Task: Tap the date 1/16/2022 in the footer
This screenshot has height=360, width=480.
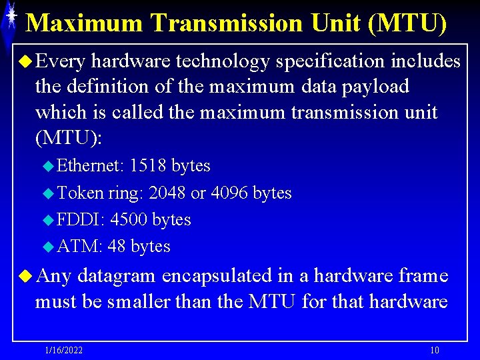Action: (64, 351)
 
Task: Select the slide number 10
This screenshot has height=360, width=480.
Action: (434, 351)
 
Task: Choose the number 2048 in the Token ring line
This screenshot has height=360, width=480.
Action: (167, 193)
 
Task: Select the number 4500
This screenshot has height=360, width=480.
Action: (129, 220)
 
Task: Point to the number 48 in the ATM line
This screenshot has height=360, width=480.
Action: (117, 247)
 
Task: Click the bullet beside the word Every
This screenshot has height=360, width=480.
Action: (25, 62)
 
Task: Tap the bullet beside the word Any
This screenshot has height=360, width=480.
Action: (25, 275)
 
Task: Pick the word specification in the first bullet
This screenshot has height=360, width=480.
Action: (331, 62)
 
